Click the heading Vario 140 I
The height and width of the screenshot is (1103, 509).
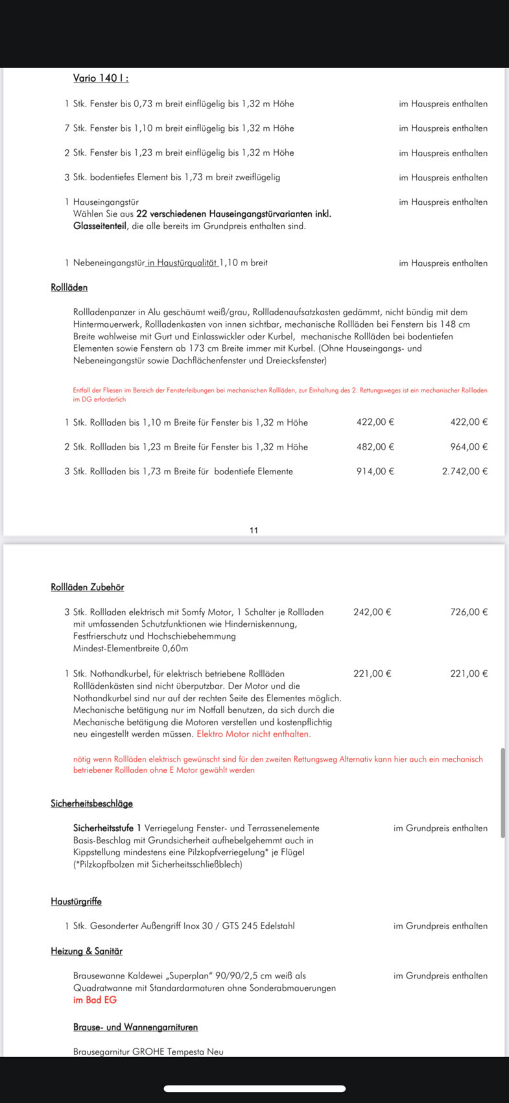[101, 79]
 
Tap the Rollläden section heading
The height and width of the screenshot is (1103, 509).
[69, 287]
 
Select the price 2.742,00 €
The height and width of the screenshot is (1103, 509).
[464, 472]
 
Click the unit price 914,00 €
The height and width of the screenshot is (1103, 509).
[375, 472]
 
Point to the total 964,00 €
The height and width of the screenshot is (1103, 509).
[469, 447]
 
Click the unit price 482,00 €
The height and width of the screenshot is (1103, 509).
[375, 447]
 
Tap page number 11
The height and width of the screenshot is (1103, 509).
[254, 530]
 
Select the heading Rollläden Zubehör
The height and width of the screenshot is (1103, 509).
[88, 587]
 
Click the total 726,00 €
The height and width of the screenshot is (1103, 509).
[469, 612]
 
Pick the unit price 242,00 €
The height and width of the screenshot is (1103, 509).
[372, 612]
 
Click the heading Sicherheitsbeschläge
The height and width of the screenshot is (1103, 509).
[91, 804]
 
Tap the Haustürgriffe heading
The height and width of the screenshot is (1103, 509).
[76, 902]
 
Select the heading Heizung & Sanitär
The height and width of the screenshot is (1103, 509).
[86, 951]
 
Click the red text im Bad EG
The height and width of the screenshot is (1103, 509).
[95, 1000]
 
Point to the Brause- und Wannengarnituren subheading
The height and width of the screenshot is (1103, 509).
[136, 1028]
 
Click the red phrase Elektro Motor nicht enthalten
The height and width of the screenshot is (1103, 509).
[254, 734]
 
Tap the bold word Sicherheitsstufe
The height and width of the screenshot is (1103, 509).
[103, 829]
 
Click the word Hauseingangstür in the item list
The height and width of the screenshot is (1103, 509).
[106, 202]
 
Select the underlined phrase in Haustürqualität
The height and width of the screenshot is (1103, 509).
[182, 263]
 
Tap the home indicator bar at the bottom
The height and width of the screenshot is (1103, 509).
[254, 1089]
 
